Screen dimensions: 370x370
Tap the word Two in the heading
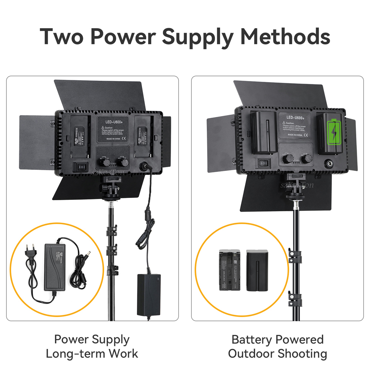click(61, 36)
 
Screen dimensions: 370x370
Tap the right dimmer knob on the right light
click(306, 159)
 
